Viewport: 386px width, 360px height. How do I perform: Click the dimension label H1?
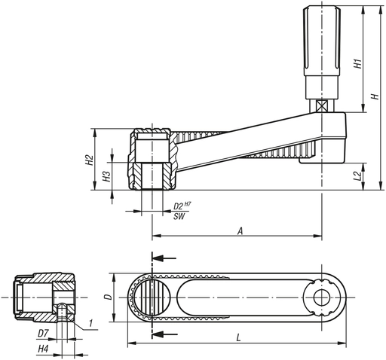358,65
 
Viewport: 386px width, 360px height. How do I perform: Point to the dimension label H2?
89,160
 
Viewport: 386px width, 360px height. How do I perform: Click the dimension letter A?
239,232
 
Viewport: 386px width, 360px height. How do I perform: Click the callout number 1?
90,325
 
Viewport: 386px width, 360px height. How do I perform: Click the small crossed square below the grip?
322,107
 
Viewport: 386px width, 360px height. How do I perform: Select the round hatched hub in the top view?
153,297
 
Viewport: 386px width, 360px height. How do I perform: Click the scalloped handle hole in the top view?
323,297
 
